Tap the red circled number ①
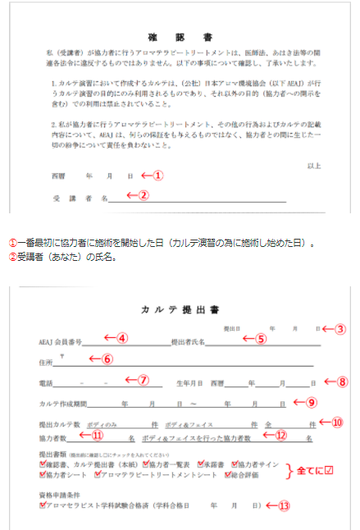click(159, 175)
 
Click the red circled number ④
click(121, 338)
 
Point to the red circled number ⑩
click(336, 423)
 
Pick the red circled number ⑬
click(284, 505)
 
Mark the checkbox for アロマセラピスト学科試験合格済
click(43, 505)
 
